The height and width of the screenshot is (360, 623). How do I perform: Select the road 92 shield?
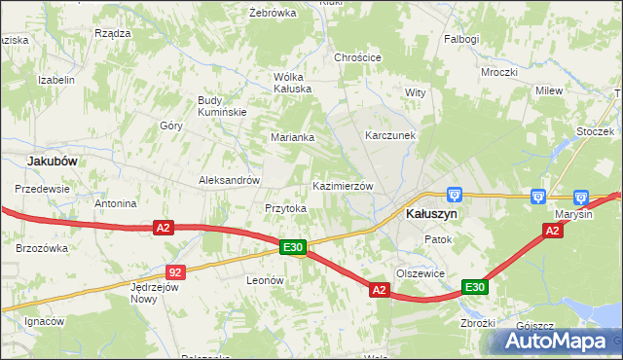point(174,272)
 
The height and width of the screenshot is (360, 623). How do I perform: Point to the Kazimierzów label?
point(343,185)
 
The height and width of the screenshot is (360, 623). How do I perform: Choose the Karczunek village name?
point(390,135)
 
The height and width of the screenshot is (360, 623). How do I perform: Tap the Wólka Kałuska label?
point(292,82)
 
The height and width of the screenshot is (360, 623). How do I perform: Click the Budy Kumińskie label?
point(223,106)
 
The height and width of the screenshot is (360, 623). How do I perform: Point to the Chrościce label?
point(357,57)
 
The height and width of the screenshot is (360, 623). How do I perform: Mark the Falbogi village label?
point(461,39)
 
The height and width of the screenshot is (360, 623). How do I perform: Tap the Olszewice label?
point(421,273)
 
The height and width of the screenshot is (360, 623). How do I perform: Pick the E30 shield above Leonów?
point(294,248)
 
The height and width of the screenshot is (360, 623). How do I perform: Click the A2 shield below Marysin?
point(552,231)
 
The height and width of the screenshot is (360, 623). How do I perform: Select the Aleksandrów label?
point(229,180)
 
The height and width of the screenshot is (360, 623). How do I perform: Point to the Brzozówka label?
point(41,248)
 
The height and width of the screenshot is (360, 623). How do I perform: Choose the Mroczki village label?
point(498,72)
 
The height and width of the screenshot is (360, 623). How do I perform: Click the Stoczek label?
point(593,129)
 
